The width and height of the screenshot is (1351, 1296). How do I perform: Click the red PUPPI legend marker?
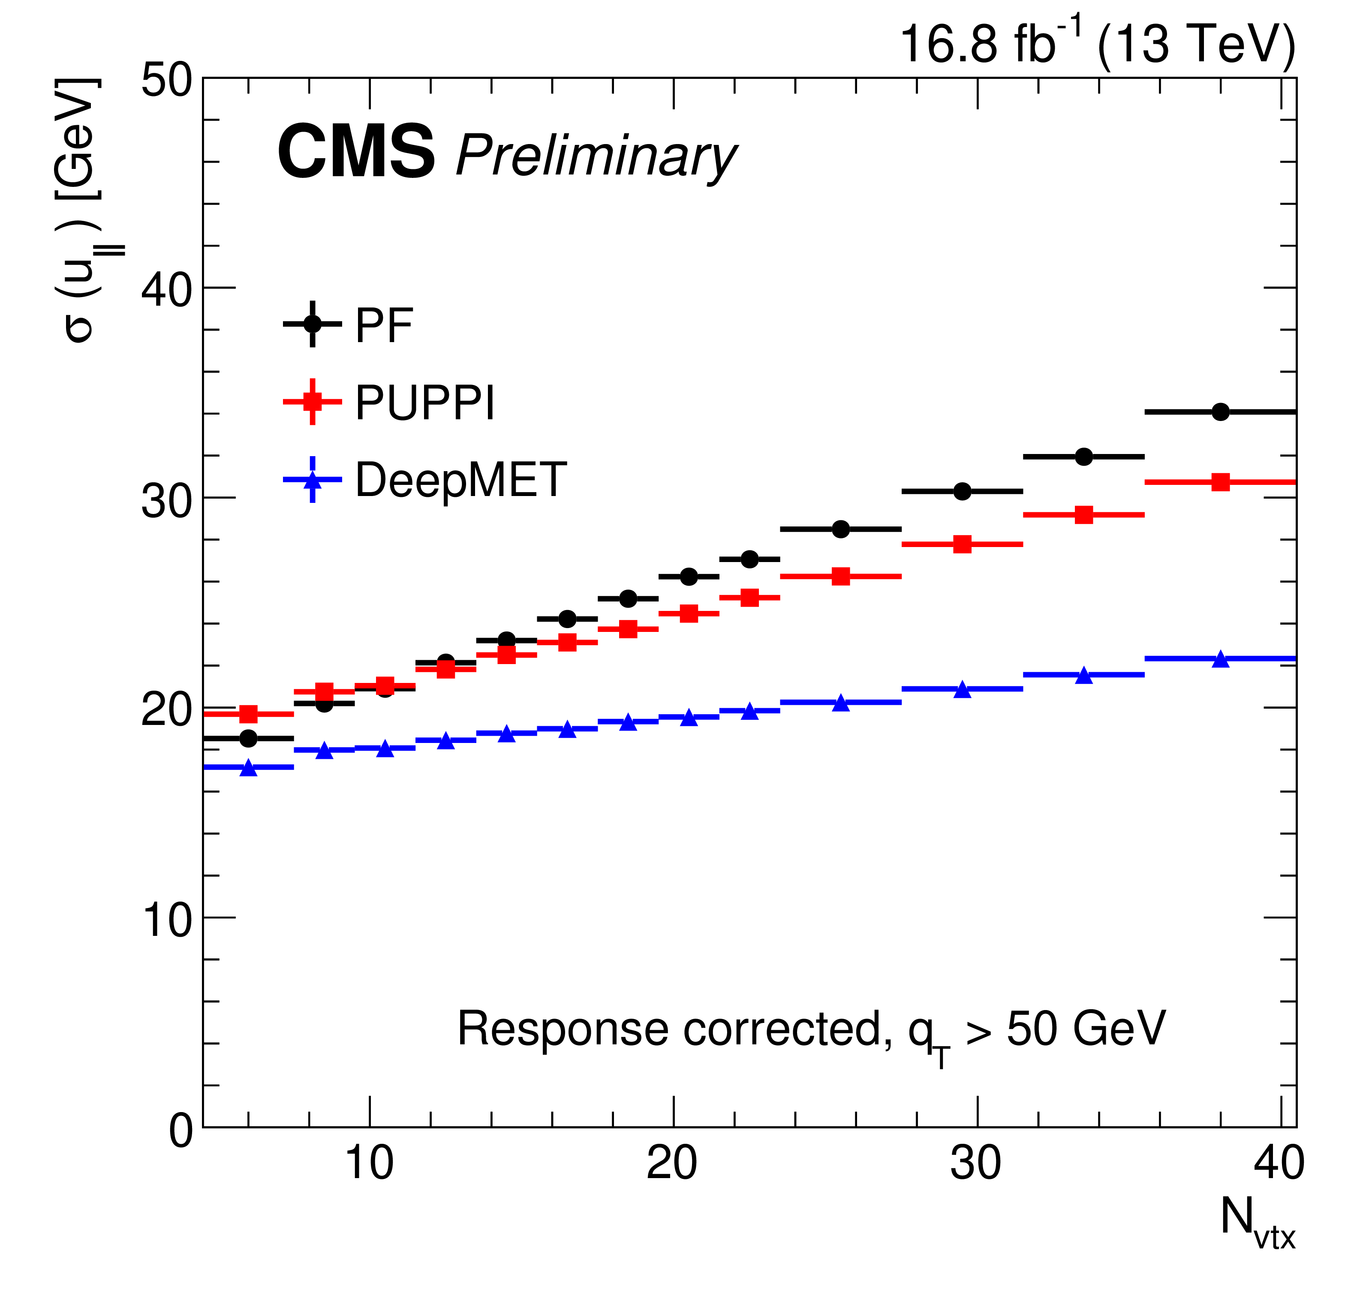click(312, 401)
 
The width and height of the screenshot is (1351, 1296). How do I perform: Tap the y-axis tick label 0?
click(181, 1131)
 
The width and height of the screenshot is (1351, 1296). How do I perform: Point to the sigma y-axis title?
click(81, 210)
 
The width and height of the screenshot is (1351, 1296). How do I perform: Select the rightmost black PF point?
click(1220, 412)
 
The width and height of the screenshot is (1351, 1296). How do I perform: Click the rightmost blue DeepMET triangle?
click(1220, 659)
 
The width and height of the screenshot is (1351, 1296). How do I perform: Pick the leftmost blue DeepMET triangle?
click(249, 767)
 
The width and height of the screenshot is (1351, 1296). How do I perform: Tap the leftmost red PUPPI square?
click(249, 714)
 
